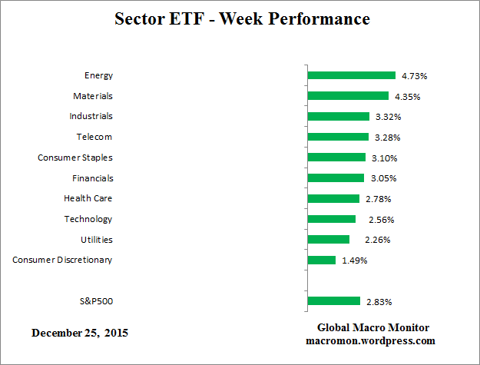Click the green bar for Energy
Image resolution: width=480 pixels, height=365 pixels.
tap(351, 75)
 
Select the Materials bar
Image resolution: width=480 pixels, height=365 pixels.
tap(348, 96)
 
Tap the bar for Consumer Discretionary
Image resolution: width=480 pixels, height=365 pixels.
tap(321, 260)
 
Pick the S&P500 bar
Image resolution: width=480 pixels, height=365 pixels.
tap(333, 300)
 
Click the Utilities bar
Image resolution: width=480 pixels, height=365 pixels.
tap(329, 239)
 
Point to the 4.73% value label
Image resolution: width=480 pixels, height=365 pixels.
tap(415, 76)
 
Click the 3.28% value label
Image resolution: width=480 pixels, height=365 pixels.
tap(387, 138)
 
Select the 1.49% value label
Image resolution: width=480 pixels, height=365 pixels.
tap(354, 260)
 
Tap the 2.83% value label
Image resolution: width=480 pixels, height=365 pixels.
tap(379, 301)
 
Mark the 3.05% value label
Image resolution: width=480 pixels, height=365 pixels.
tap(382, 178)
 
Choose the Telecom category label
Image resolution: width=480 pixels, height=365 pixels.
tap(94, 137)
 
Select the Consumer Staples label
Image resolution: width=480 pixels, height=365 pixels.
tap(75, 158)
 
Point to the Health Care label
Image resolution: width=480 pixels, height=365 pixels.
tap(88, 198)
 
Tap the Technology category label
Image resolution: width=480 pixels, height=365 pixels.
tap(88, 219)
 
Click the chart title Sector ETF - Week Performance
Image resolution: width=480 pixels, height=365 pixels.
tap(242, 18)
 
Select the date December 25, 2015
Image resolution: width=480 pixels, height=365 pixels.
tap(80, 333)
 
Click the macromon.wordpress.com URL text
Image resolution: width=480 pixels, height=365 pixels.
tap(370, 340)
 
